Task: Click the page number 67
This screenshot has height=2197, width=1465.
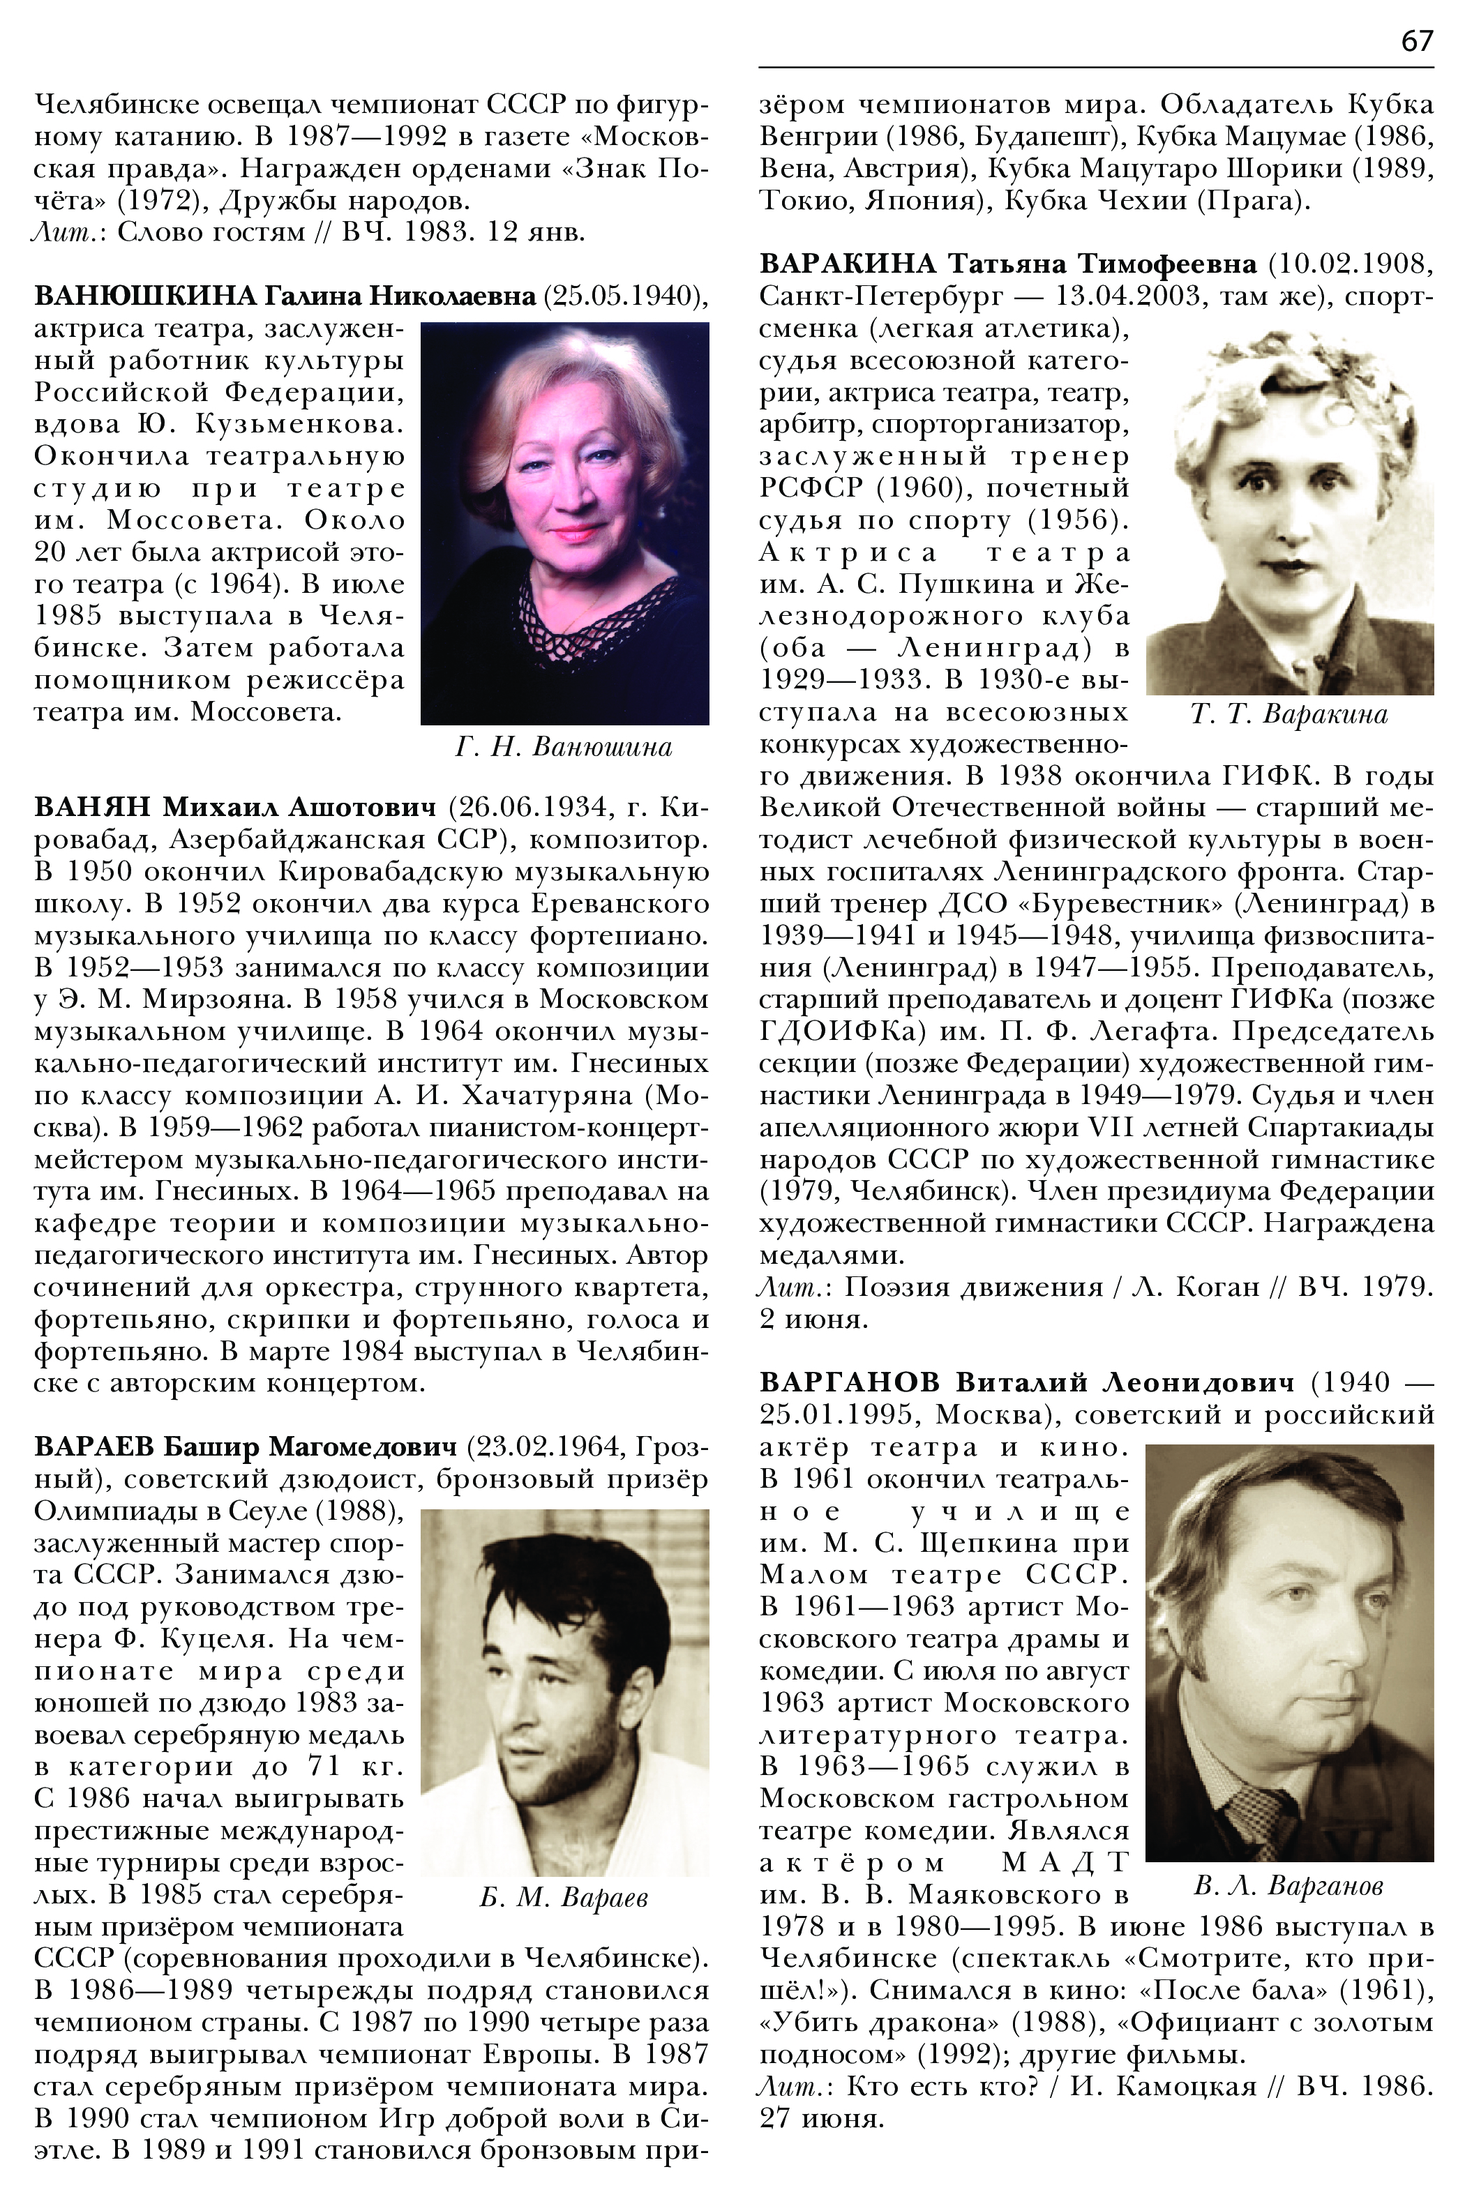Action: coord(1416,42)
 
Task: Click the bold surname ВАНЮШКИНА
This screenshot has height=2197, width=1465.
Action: coord(145,297)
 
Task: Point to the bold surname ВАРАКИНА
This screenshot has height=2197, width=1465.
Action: coord(846,264)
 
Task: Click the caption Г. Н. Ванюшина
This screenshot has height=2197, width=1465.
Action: coord(564,748)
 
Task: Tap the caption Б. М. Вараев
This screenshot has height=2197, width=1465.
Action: coord(564,1897)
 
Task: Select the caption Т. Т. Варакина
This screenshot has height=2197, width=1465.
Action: coord(1289,716)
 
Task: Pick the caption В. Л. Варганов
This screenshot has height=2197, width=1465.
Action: coord(1289,1885)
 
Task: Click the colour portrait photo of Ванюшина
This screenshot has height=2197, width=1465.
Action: coord(564,523)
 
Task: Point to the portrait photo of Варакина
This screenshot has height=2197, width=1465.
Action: coord(1289,514)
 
